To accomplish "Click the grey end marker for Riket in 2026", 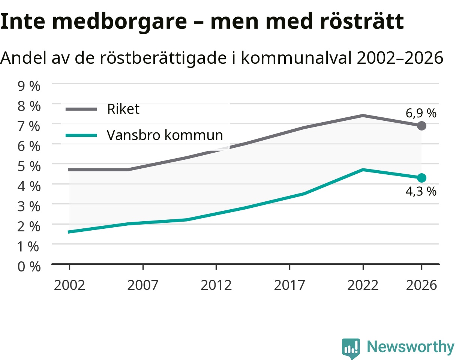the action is (421, 126).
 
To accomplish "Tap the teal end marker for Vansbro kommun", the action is (421, 178).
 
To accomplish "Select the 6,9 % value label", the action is (421, 113).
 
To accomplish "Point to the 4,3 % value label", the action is (421, 191).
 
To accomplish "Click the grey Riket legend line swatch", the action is (81, 109).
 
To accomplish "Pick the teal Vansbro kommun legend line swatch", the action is (81, 135).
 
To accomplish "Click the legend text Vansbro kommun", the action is (165, 135).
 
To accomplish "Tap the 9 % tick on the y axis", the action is (29, 86).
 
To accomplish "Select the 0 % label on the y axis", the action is (29, 266).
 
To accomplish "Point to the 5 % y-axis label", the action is (29, 166).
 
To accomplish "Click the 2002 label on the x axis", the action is (69, 285).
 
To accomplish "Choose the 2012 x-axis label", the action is (216, 285).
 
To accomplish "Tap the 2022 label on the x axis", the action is (363, 285).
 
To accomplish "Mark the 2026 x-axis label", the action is (421, 285).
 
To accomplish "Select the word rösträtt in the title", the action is (362, 21).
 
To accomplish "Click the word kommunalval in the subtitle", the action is (296, 58).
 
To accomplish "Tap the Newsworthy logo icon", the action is (351, 347).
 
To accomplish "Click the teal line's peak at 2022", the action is (363, 170).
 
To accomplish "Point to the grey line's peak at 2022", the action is (363, 116).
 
